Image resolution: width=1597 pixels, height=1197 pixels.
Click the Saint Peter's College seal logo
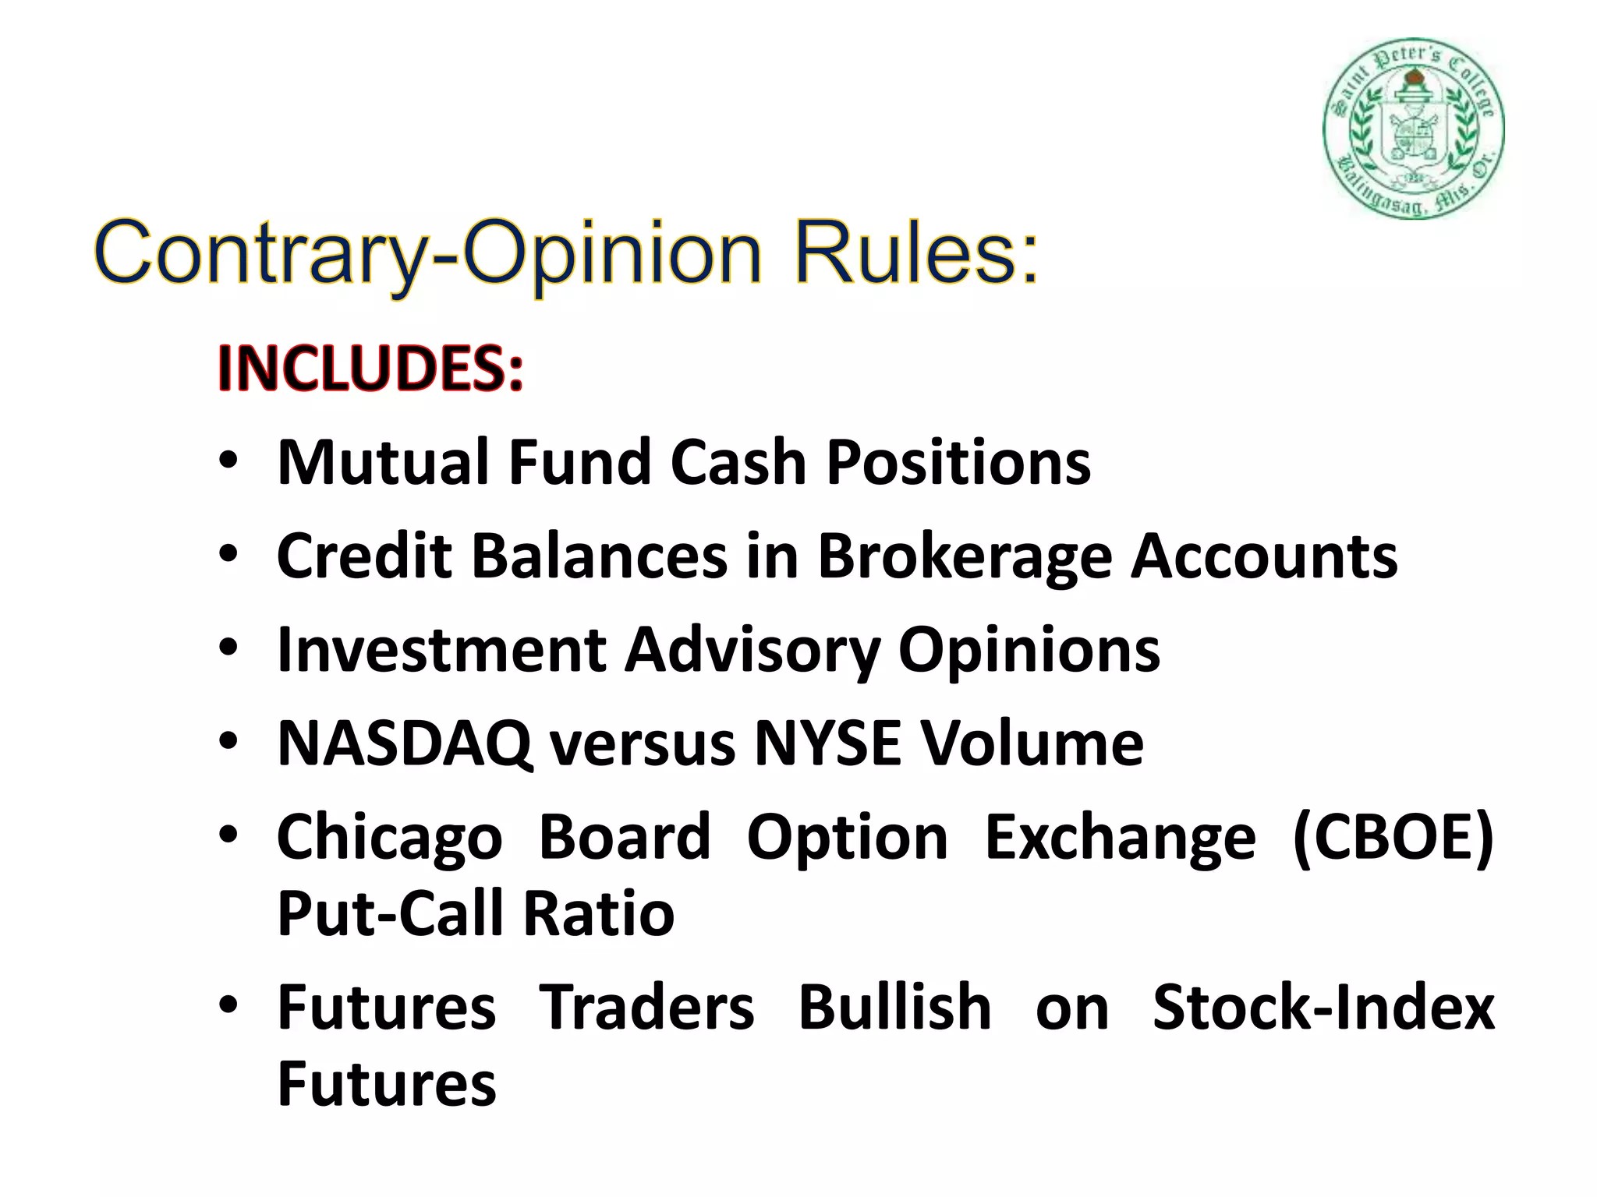pyautogui.click(x=1414, y=128)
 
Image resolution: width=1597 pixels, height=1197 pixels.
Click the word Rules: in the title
pyautogui.click(x=917, y=253)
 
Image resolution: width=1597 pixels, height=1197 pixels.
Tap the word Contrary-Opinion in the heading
pyautogui.click(x=427, y=253)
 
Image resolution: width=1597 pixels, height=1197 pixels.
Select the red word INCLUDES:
pyautogui.click(x=370, y=368)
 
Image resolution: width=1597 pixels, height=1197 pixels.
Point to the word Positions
pyautogui.click(x=958, y=462)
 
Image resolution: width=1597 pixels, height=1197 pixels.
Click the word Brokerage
pyautogui.click(x=965, y=557)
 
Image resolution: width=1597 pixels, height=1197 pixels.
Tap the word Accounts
pyautogui.click(x=1264, y=556)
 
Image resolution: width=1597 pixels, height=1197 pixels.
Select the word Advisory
pyautogui.click(x=752, y=650)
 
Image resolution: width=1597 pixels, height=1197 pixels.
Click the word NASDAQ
pyautogui.click(x=404, y=743)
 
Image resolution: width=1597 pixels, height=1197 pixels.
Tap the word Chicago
pyautogui.click(x=390, y=838)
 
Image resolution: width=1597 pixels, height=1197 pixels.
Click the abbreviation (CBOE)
pyautogui.click(x=1393, y=838)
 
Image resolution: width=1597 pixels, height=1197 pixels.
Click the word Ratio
pyautogui.click(x=598, y=913)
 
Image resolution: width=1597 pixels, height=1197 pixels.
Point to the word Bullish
pyautogui.click(x=894, y=1008)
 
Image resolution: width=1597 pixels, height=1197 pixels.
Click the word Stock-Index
pyautogui.click(x=1323, y=1008)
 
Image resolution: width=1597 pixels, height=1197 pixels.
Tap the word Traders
pyautogui.click(x=646, y=1008)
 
